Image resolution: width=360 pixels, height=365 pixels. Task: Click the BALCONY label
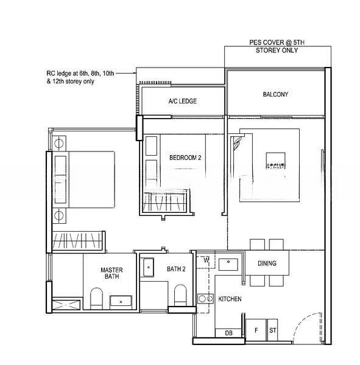point(275,94)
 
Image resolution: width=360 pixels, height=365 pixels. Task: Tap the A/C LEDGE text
point(183,101)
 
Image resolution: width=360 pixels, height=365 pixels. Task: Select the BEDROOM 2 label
point(185,158)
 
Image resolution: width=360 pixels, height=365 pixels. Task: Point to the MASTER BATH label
point(111,273)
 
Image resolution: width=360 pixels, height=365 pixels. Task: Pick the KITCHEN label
point(230,299)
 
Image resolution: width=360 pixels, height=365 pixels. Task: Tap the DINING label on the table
point(267,263)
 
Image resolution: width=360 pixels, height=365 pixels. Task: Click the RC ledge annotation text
point(71,77)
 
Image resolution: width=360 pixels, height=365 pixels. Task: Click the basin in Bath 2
point(150,267)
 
